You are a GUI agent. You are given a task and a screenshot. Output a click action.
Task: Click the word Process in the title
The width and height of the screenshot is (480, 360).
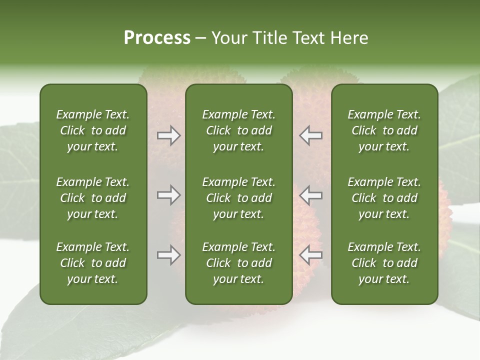tap(157, 38)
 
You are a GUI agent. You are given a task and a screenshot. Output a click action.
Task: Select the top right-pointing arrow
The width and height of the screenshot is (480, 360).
tap(168, 135)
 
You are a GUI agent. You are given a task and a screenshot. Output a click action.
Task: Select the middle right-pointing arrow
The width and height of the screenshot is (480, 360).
tap(168, 195)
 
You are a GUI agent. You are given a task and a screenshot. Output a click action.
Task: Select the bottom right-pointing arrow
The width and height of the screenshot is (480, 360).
tap(168, 255)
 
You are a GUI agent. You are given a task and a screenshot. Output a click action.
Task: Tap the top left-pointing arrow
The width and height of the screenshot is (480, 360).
tap(311, 135)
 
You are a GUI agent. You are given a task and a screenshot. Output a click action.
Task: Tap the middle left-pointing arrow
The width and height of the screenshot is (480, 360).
tap(311, 195)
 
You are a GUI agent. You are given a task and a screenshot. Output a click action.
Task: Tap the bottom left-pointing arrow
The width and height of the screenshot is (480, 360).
tap(311, 255)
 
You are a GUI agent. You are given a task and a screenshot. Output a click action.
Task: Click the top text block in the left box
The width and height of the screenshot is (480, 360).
tap(93, 130)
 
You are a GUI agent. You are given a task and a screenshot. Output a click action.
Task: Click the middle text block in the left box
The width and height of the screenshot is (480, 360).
tap(93, 198)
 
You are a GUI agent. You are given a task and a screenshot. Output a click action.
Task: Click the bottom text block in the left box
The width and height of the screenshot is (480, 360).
tap(93, 263)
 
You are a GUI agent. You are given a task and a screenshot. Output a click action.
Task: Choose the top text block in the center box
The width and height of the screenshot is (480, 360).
tap(239, 130)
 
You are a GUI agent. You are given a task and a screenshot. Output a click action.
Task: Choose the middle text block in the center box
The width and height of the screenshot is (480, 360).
tap(239, 198)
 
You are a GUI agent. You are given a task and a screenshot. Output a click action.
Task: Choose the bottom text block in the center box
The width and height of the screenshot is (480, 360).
tap(239, 263)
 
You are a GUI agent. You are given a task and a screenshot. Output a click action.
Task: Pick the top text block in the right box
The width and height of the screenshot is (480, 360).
tap(384, 130)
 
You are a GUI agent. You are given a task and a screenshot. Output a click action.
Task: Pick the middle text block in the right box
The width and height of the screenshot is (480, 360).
tap(384, 198)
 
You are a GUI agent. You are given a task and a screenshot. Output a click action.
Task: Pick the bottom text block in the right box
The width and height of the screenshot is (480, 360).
tap(384, 263)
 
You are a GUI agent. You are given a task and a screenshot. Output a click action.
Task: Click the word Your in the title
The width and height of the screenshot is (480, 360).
tap(228, 38)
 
